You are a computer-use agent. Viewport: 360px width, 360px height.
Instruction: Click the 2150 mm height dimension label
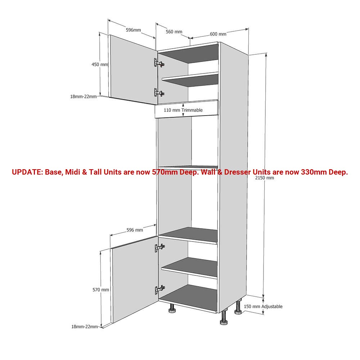point(265,178)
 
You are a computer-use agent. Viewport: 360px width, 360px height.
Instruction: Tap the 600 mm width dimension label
point(218,34)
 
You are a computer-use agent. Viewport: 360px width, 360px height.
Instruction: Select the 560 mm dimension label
point(174,32)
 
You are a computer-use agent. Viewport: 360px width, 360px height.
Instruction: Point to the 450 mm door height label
point(100,64)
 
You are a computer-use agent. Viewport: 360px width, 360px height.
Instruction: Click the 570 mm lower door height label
point(101,290)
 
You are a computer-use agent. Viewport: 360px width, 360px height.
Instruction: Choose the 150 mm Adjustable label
point(263,306)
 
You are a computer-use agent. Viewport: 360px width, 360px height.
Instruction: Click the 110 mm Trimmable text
point(183,110)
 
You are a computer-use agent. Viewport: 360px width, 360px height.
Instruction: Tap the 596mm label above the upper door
point(134,30)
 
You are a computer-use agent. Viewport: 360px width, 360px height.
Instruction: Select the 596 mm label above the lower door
point(135,230)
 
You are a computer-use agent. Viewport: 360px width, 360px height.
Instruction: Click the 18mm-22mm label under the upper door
point(84,96)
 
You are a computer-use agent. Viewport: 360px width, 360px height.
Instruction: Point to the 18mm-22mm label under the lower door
point(85,327)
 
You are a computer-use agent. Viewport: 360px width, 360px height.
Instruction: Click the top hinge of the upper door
point(159,63)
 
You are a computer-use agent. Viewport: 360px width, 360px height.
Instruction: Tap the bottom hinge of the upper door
point(159,93)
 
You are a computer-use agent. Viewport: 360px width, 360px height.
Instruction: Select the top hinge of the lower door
point(160,248)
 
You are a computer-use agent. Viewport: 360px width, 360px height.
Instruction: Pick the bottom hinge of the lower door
point(160,290)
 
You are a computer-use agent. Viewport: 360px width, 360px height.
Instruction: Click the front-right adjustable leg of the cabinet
point(224,318)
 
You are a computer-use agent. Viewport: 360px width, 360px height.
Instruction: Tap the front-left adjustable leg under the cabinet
point(172,309)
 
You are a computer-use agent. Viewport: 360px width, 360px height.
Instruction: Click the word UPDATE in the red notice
point(27,172)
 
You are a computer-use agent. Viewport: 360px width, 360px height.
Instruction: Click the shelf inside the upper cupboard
point(190,79)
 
